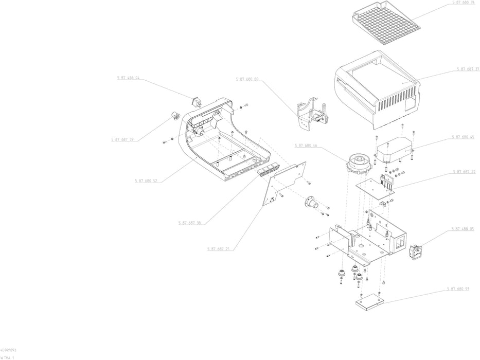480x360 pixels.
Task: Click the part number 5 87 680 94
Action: click(x=463, y=3)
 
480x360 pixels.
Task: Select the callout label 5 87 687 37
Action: click(x=467, y=69)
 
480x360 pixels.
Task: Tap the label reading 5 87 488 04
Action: click(x=128, y=78)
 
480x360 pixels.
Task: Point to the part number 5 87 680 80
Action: click(x=247, y=79)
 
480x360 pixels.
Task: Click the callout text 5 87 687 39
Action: click(x=122, y=139)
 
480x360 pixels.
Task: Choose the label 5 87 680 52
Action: click(x=146, y=181)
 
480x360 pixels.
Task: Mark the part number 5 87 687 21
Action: click(x=219, y=248)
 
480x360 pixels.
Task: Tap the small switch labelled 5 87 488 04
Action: click(x=196, y=101)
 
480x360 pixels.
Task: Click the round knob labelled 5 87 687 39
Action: click(x=175, y=115)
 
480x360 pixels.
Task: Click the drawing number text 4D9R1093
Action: click(x=8, y=350)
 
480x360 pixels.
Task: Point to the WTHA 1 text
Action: click(x=7, y=356)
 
